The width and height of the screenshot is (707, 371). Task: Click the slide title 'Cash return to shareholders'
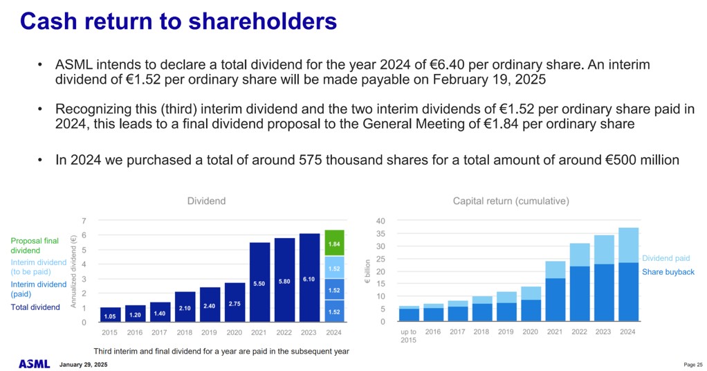pos(178,21)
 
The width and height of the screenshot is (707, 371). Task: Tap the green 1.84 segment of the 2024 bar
pos(334,243)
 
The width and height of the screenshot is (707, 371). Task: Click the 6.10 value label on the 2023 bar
pos(309,280)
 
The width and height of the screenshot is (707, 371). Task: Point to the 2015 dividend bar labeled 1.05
pos(109,315)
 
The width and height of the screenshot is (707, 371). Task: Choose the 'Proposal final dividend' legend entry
pos(35,245)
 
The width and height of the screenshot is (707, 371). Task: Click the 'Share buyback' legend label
pos(668,272)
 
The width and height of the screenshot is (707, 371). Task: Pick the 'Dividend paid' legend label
pos(665,258)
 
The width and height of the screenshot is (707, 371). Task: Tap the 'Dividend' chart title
pos(206,201)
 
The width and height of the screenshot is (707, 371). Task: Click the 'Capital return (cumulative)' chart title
pos(511,201)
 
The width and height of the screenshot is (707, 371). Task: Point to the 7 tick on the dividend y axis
pos(84,221)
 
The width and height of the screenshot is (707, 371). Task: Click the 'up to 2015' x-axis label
pos(408,336)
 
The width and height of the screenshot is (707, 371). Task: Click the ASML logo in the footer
pos(34,363)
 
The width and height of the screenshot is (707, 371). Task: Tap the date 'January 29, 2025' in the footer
pos(83,364)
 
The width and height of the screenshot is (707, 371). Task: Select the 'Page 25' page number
pos(692,364)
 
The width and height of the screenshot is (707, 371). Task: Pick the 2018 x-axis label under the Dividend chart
pos(185,332)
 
